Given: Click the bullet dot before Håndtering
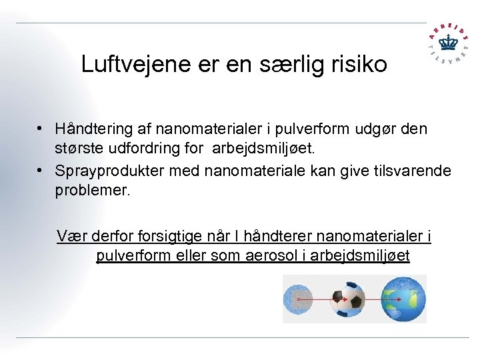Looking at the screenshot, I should [x=41, y=128].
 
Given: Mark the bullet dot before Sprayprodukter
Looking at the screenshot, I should [x=41, y=171].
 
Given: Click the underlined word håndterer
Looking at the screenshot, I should [x=279, y=236].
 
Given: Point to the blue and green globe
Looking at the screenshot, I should [x=402, y=299].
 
